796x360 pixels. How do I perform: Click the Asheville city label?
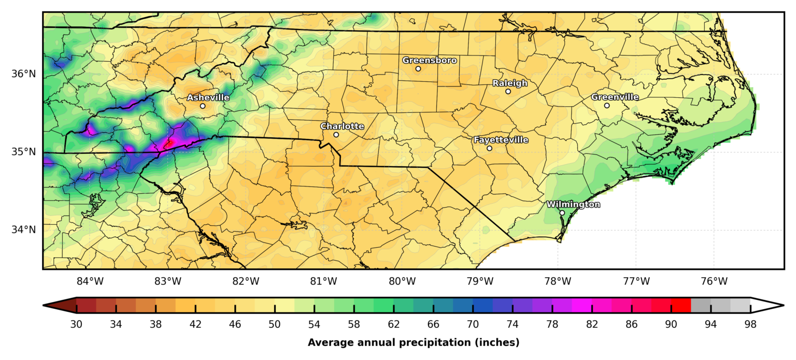click(x=208, y=97)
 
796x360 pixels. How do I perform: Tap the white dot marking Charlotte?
click(x=336, y=135)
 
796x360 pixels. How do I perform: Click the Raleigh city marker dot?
click(x=508, y=91)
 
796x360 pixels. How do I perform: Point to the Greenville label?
click(x=615, y=97)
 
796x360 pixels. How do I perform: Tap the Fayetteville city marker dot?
click(x=489, y=148)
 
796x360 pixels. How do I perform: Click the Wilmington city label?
click(x=573, y=205)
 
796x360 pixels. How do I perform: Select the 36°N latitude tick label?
click(x=23, y=74)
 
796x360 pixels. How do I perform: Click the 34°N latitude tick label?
click(x=23, y=229)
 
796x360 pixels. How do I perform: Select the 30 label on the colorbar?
click(x=76, y=325)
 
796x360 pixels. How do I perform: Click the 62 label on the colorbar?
click(x=394, y=325)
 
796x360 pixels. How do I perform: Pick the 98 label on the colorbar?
click(x=750, y=325)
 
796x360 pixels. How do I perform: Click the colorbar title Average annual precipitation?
click(x=413, y=342)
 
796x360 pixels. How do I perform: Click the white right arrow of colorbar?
click(x=767, y=306)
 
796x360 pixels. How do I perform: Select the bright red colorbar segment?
click(x=680, y=306)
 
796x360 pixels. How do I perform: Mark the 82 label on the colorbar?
click(x=592, y=325)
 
